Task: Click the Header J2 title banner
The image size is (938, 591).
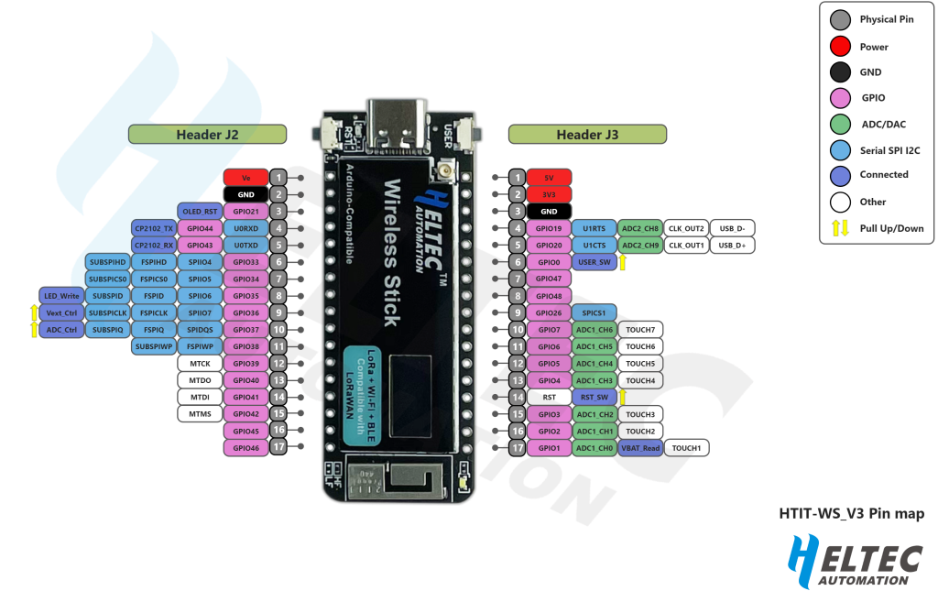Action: tap(207, 135)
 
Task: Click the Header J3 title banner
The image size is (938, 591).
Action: tap(587, 135)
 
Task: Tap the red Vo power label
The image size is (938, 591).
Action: tap(245, 177)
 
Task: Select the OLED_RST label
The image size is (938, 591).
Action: tap(199, 211)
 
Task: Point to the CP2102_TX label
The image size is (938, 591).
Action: tap(153, 228)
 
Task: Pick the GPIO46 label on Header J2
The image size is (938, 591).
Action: tap(245, 447)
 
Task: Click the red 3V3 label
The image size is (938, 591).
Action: tap(549, 194)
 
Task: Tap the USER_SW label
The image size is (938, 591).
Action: tap(594, 262)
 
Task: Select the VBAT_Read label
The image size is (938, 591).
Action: tap(640, 448)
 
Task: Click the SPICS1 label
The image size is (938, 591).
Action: tap(594, 312)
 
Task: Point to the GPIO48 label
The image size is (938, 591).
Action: tap(549, 296)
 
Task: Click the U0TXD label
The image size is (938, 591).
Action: tap(245, 246)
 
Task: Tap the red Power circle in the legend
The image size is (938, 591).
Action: tap(837, 46)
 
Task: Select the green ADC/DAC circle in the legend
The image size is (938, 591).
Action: tap(837, 123)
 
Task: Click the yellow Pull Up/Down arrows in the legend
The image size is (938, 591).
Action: tap(837, 226)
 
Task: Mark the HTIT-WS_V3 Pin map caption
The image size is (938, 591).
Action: tap(851, 514)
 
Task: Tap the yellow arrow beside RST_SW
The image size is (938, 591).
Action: tap(623, 397)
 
